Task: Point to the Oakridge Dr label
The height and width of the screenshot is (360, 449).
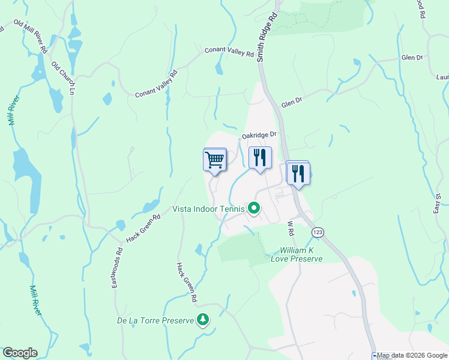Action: (x=259, y=136)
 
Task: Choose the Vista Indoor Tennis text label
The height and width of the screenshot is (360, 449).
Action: (x=208, y=209)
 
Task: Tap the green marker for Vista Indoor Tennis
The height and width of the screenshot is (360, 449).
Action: (x=254, y=209)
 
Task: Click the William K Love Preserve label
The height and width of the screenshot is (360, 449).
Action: (x=301, y=254)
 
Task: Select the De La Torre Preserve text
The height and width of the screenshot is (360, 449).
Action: (x=155, y=320)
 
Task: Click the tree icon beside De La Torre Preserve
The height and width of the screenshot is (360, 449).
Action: (x=204, y=320)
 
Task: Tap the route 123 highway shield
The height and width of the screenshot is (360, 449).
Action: (x=318, y=231)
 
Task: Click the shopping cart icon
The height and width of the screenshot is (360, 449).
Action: (x=214, y=160)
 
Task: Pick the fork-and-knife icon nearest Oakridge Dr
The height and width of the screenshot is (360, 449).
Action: (x=260, y=158)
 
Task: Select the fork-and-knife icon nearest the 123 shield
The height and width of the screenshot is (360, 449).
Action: (x=298, y=173)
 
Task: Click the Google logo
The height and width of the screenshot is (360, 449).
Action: (x=19, y=353)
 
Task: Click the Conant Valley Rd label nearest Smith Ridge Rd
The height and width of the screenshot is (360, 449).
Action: (x=229, y=52)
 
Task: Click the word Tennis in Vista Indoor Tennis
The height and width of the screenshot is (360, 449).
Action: (x=232, y=209)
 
